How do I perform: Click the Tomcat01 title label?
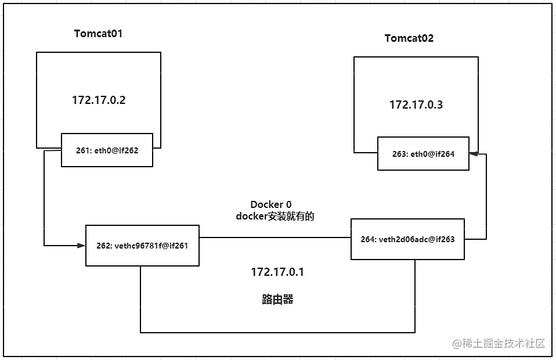coord(98,33)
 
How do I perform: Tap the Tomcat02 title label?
coord(409,38)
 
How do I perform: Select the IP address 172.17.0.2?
coord(99,100)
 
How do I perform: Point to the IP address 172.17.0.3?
coord(416,105)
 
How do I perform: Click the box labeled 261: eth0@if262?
coord(107,150)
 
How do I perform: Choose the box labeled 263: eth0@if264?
coord(423,154)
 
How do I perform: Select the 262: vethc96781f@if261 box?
coord(142,246)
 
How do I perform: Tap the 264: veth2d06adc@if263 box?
coord(407,239)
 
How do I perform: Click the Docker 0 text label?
coord(267,204)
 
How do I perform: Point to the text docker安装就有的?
coord(275,216)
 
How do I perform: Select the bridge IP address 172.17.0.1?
coord(277,272)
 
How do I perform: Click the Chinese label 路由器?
coord(277,300)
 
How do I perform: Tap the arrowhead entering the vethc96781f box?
coord(82,246)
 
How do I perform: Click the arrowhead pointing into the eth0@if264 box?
coord(473,153)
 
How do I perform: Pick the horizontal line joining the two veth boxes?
coord(275,237)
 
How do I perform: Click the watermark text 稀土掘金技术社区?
coord(499,343)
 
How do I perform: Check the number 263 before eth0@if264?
coord(399,154)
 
